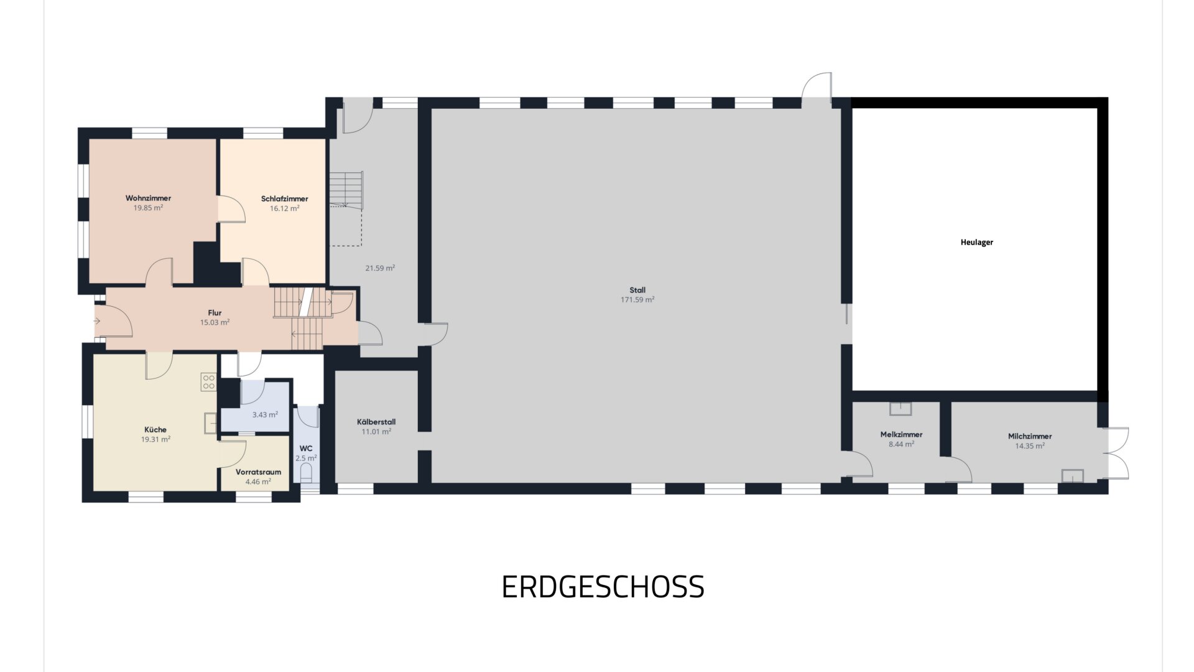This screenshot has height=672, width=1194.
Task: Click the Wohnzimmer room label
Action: [148, 198]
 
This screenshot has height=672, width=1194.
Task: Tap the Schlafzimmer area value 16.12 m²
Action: [285, 208]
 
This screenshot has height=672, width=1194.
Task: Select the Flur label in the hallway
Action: [215, 313]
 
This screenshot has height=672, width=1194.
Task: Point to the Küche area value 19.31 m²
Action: [155, 439]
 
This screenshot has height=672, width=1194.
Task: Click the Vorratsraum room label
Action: [258, 472]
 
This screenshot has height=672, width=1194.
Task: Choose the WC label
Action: [306, 449]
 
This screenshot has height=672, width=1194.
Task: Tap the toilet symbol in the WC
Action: [306, 475]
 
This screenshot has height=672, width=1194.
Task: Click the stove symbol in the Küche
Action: [208, 382]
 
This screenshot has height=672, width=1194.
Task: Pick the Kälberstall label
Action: [376, 422]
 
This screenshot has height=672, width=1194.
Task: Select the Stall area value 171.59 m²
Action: [637, 300]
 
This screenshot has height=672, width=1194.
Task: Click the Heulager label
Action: [977, 243]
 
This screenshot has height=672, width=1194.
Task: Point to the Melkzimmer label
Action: [901, 434]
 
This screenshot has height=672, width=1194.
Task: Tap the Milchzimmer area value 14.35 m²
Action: [1030, 446]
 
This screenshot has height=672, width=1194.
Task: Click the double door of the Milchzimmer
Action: [1116, 453]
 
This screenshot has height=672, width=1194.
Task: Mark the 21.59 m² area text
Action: [380, 268]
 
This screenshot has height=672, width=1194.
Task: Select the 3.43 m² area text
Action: [265, 414]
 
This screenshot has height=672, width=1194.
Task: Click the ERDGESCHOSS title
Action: [603, 587]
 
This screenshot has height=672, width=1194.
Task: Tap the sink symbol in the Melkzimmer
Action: [900, 409]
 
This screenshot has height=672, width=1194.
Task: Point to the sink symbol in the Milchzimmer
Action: [1073, 476]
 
